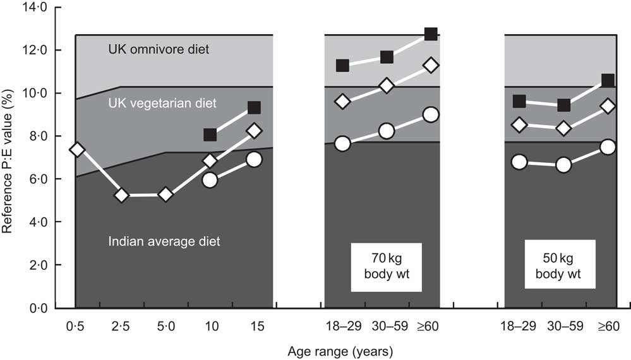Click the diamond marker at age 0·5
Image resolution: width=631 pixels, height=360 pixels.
(x=77, y=150)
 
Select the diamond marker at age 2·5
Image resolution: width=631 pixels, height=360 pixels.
(x=121, y=196)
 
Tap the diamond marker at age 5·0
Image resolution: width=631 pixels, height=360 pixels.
(x=165, y=195)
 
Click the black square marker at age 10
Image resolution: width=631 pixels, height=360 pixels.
(x=210, y=135)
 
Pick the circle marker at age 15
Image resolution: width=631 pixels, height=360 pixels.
(x=254, y=159)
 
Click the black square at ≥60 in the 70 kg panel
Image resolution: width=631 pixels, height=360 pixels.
(x=431, y=34)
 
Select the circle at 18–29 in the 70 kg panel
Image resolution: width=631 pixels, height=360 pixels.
(x=342, y=143)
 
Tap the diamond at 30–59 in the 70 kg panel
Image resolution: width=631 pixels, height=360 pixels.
(x=387, y=85)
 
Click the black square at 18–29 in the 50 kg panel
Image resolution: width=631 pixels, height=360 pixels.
(x=519, y=101)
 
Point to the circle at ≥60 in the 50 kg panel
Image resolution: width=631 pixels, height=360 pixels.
(x=608, y=147)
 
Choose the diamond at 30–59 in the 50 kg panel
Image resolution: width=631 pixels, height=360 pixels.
(x=563, y=128)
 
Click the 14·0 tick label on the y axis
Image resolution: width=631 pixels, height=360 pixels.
(x=33, y=8)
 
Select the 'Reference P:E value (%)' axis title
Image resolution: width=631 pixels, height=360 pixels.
(x=9, y=158)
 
